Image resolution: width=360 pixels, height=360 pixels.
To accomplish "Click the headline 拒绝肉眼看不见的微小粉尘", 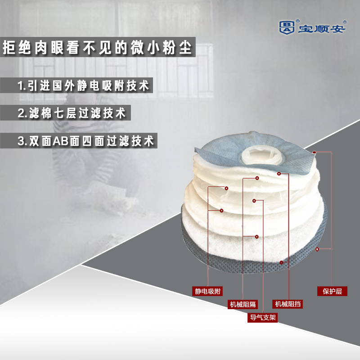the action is point(97,47).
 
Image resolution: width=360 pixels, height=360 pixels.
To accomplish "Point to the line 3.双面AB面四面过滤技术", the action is point(85,140).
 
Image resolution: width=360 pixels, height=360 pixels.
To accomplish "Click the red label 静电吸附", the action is point(208,291).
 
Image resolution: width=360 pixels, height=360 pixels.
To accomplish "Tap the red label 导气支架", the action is point(263,317).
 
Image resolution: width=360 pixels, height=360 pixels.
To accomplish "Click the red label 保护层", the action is point(332,291).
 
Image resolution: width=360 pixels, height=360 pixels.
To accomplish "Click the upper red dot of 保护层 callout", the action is point(314,153).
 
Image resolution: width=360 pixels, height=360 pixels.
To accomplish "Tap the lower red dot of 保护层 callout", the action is point(317,249).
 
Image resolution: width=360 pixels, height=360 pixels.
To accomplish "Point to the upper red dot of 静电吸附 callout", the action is point(226,188).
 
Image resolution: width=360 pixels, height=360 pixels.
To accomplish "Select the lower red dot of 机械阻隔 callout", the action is point(256,236).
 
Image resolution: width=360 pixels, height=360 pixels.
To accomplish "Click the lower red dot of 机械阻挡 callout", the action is point(281,262).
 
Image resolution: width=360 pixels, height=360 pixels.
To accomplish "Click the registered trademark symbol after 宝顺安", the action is point(345,22).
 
